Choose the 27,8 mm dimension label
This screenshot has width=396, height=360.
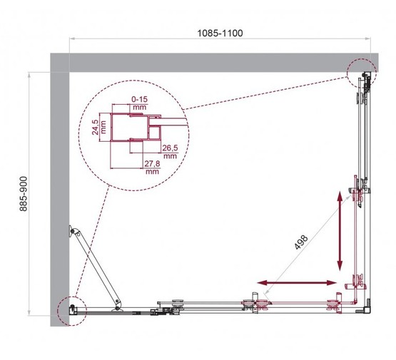[x=151, y=168]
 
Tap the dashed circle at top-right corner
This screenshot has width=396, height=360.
[x=361, y=73]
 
